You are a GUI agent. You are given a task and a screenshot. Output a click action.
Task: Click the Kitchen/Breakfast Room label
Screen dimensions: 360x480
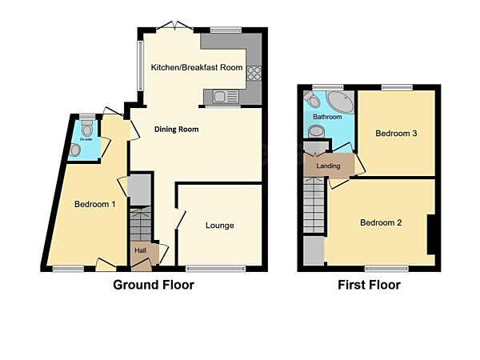pos(197,67)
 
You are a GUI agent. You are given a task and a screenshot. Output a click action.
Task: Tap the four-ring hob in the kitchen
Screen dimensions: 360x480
pos(255,72)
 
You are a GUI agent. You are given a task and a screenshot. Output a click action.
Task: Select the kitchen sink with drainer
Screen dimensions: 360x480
pos(223,98)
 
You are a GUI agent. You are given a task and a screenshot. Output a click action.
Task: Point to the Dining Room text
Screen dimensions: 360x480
pos(177,129)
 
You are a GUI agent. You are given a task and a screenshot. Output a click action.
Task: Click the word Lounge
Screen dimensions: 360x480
pos(219,226)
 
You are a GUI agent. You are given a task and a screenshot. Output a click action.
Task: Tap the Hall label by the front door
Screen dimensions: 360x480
pos(140,250)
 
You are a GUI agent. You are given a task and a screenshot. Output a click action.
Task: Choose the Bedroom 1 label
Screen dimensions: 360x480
pos(95,205)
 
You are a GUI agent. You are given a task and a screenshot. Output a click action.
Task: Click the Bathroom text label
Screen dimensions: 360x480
pos(326,117)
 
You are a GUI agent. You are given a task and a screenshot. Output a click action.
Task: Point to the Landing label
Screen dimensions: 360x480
pos(328,166)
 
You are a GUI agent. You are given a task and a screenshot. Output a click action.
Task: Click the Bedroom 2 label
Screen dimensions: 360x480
pos(380,222)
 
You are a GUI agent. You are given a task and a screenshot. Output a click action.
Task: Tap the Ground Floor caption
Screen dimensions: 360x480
pos(153,284)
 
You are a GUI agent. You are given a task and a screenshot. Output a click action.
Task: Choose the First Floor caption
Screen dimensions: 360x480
pos(368,284)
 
